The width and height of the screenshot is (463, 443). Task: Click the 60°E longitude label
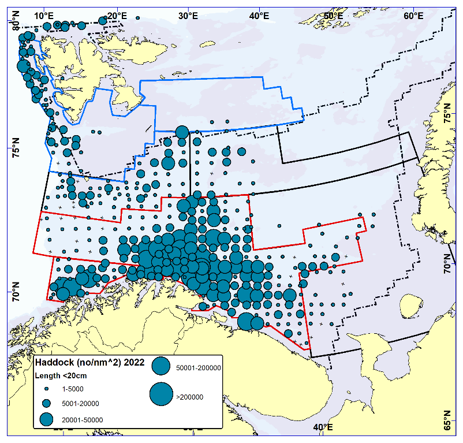pos(412,14)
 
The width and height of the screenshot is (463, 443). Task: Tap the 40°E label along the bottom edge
pos(322,427)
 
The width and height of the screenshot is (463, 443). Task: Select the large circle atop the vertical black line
pos(182,132)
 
